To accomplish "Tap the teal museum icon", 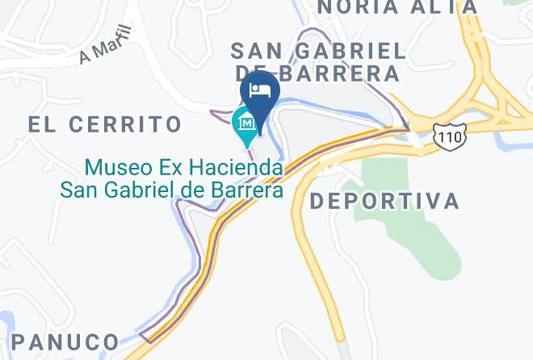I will tap(246, 123).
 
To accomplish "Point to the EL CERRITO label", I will tap(105, 124).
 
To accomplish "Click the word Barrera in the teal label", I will tap(244, 190).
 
